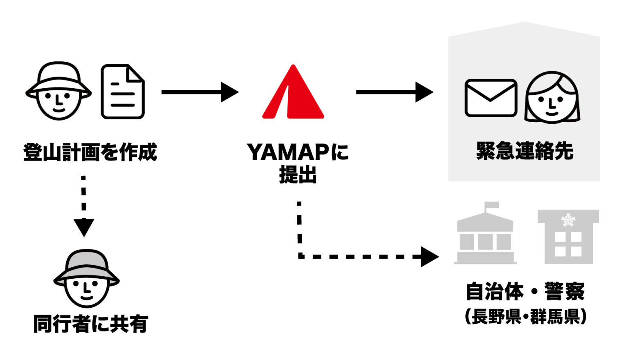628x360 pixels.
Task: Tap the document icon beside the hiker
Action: (123, 92)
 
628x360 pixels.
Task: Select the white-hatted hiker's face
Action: (58, 98)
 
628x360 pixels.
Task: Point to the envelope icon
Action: (491, 98)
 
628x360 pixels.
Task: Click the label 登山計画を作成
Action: (90, 152)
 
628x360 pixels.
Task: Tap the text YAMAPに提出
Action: (298, 163)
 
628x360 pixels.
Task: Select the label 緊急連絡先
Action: (525, 151)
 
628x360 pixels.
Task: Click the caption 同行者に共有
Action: (90, 324)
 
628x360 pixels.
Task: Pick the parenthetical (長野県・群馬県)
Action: (525, 316)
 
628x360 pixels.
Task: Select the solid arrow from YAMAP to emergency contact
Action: (394, 92)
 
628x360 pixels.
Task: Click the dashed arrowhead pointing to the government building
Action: (429, 257)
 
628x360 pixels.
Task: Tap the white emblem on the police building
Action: (568, 220)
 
